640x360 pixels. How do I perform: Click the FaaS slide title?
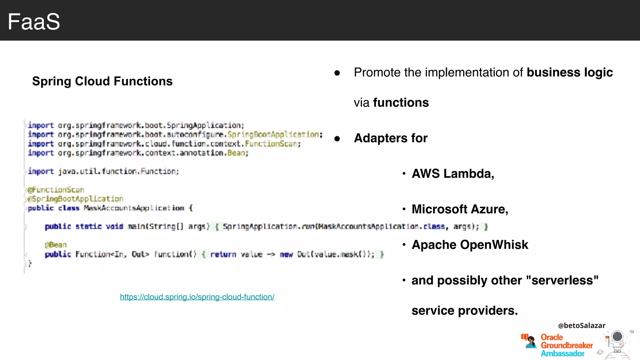tap(34, 22)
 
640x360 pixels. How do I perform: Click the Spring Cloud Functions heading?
tap(102, 81)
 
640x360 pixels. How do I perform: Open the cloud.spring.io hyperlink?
tap(197, 297)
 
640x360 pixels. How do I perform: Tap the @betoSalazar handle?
tap(582, 325)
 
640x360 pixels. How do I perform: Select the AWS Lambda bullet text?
tap(453, 174)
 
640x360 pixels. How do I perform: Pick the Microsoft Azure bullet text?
tap(460, 209)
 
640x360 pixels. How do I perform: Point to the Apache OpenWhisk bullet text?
tap(470, 245)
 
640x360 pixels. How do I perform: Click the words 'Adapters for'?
tap(391, 138)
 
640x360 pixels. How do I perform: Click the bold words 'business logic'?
tap(569, 72)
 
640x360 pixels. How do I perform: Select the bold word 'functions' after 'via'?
tap(401, 103)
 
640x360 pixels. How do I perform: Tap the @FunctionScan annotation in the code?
tap(56, 190)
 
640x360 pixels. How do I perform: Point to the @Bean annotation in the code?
tap(56, 245)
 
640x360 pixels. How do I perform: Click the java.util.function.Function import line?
tap(103, 171)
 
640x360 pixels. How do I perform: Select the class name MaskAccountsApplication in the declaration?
tap(134, 208)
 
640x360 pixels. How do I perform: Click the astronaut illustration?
tap(617, 344)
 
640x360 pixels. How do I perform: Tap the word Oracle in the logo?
tap(552, 337)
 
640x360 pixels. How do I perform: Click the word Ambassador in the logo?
tap(562, 353)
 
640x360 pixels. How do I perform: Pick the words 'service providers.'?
tap(464, 311)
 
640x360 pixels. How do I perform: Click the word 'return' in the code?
tap(223, 254)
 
